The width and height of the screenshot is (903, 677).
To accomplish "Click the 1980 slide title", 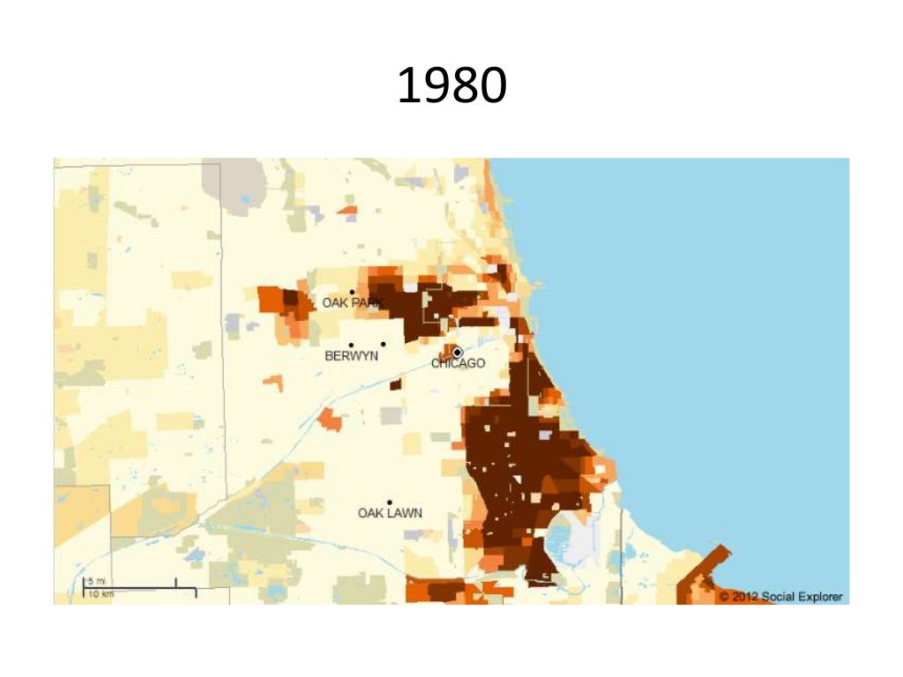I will (x=451, y=86).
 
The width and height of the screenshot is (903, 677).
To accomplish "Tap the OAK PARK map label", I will (x=352, y=303).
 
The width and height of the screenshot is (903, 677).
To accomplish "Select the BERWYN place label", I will (x=351, y=356).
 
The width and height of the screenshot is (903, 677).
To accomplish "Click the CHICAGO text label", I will (x=458, y=363).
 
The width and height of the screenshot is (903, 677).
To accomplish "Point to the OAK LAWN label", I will (x=390, y=513).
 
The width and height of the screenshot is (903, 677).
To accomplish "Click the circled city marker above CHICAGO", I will (x=457, y=352).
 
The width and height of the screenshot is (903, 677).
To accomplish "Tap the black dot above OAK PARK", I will (x=352, y=292).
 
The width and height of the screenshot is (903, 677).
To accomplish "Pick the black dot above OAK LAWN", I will (x=389, y=502).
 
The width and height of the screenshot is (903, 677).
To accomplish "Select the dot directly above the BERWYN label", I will (x=351, y=345).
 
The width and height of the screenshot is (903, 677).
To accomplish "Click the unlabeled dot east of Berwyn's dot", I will (x=383, y=345).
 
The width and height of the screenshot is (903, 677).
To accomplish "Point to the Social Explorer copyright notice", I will (x=780, y=597).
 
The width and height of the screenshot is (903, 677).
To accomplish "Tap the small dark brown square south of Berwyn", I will (x=395, y=383).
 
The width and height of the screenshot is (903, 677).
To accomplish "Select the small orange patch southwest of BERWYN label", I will (x=273, y=383).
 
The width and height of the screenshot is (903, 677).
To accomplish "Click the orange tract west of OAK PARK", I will (x=282, y=300).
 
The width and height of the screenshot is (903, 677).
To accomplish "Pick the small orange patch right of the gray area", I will (x=347, y=211).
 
